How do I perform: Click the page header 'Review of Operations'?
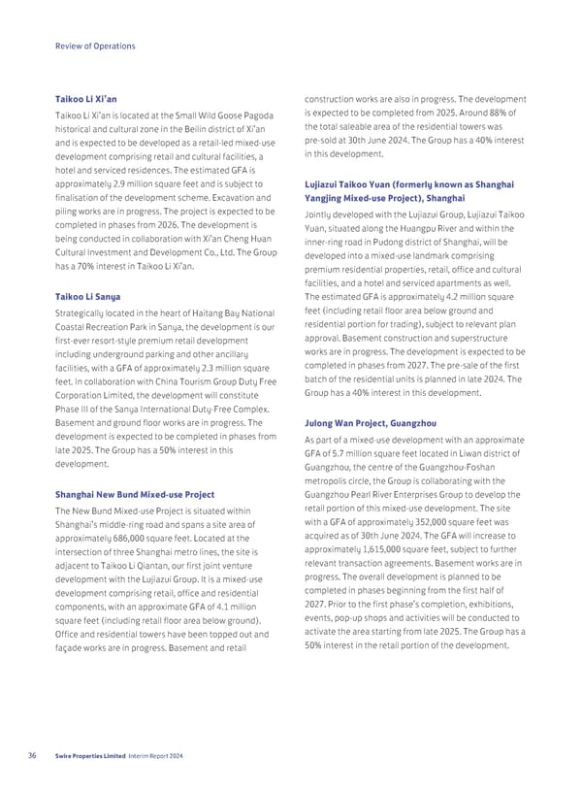[x=94, y=46]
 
